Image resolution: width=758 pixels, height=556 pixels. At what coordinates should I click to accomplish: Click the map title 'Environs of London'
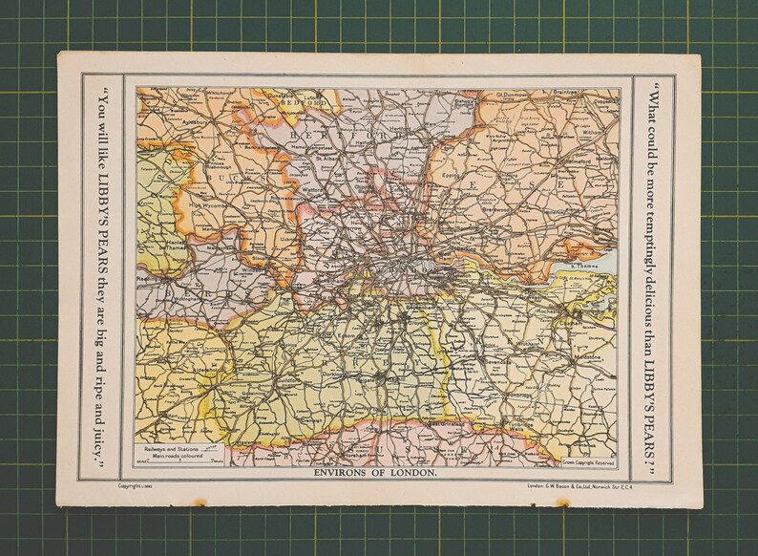(375, 473)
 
